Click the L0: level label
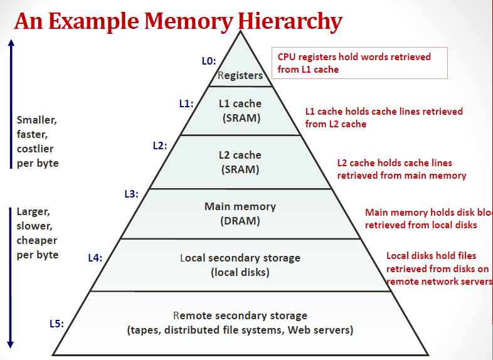click(x=209, y=61)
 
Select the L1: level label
click(x=186, y=104)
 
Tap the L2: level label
click(x=160, y=146)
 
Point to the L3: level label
click(x=131, y=194)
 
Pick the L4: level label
click(x=95, y=257)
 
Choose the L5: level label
click(x=56, y=324)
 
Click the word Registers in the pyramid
click(x=240, y=75)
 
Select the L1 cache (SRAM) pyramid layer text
click(x=240, y=110)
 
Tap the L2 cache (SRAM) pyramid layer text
click(x=240, y=162)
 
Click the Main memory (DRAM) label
click(x=240, y=213)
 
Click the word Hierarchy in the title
click(x=290, y=22)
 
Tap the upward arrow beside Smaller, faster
click(x=11, y=103)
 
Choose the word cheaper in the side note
click(x=37, y=240)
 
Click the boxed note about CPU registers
click(x=359, y=63)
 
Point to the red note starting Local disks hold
click(x=438, y=268)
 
